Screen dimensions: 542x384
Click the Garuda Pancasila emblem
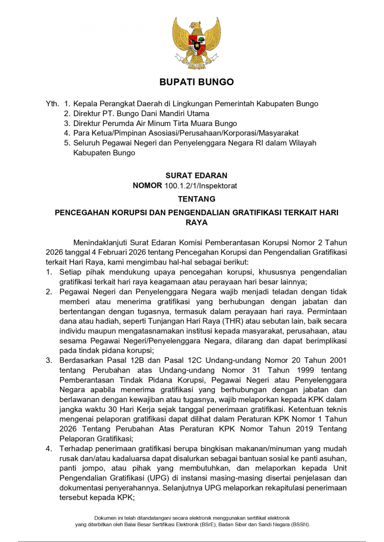(197, 43)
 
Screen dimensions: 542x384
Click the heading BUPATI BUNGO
(197, 82)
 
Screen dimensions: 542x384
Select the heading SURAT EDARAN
(196, 175)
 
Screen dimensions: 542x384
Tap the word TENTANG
(196, 198)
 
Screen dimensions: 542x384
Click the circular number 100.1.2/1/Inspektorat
(201, 185)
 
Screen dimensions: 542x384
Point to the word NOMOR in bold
(147, 185)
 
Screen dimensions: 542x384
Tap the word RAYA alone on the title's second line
(196, 222)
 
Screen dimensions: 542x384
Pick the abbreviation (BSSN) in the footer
(298, 524)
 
